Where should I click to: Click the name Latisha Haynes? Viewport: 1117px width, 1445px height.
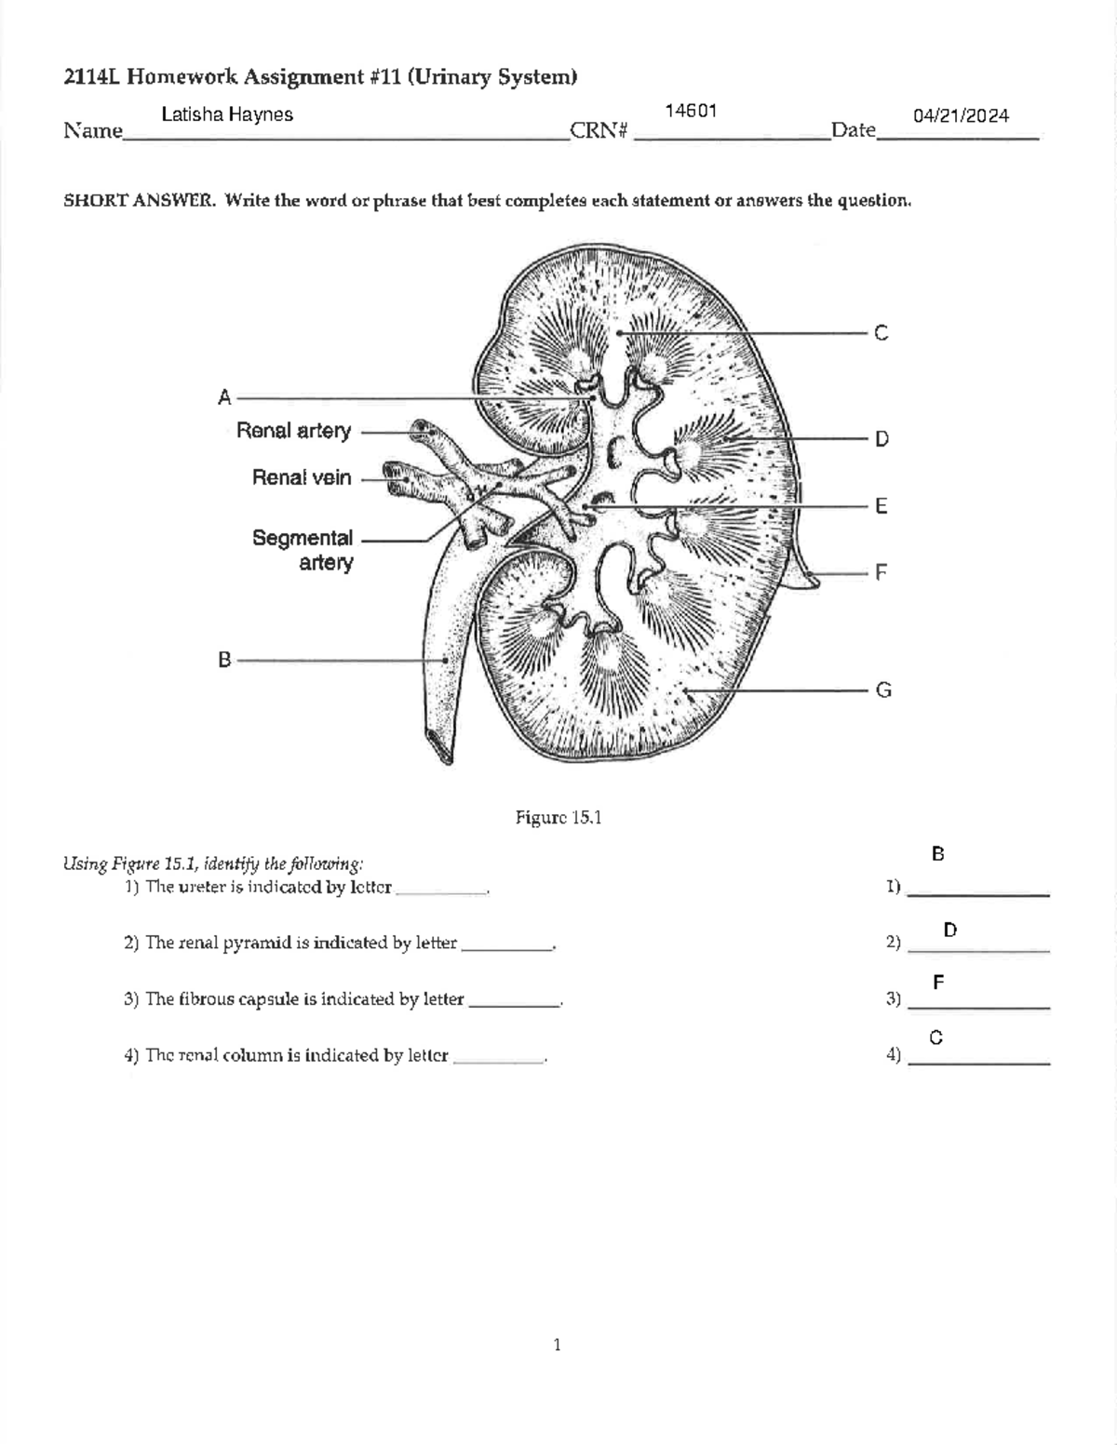(x=227, y=114)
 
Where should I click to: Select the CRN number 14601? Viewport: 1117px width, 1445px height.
(x=691, y=112)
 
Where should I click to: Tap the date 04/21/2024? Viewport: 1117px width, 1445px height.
(x=961, y=116)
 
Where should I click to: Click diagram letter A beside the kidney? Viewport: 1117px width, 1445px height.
(x=224, y=398)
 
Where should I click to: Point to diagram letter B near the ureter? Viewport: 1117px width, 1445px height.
(x=224, y=660)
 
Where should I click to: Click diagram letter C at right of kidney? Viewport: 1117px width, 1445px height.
(x=881, y=333)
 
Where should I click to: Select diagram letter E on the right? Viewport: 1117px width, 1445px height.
(x=881, y=506)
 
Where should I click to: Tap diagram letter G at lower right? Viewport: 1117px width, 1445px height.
(x=882, y=689)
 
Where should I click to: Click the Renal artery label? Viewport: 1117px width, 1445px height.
(x=294, y=431)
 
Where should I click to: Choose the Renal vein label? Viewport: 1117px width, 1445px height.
(x=302, y=477)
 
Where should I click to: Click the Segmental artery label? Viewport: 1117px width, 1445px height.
(x=303, y=550)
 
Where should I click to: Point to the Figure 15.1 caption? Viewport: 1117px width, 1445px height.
(x=558, y=818)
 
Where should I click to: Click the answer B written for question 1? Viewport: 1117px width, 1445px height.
(x=937, y=853)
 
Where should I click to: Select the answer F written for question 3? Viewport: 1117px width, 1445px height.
(x=938, y=983)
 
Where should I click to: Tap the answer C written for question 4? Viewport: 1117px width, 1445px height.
(x=936, y=1037)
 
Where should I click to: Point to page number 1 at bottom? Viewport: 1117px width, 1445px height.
(x=557, y=1345)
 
